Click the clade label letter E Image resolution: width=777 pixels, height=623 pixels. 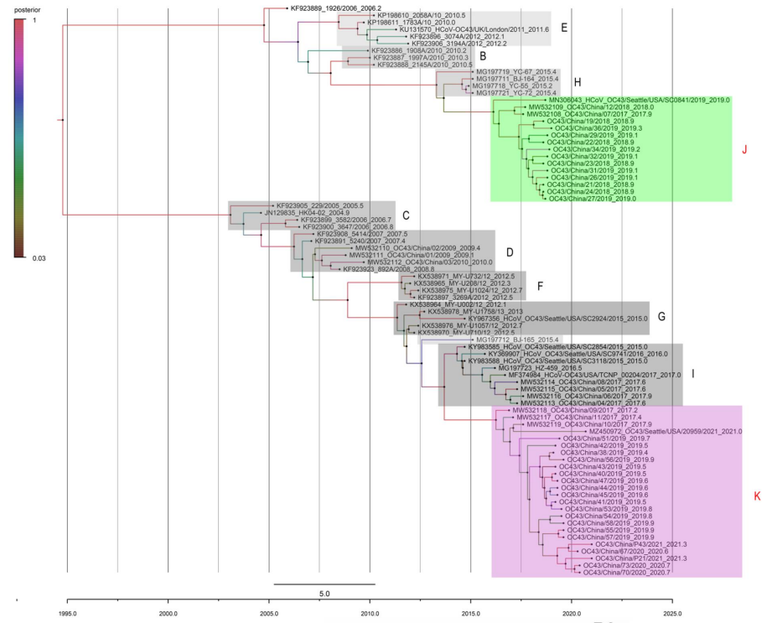coord(564,28)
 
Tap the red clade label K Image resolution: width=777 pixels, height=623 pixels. coord(757,496)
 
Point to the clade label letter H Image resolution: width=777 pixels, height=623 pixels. coord(578,82)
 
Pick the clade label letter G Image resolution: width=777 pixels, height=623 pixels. coord(661,317)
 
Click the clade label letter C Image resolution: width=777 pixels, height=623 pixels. coord(406,215)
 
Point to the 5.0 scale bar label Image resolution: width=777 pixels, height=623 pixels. coord(324,593)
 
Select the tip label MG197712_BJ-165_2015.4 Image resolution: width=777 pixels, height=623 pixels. coord(474,340)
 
